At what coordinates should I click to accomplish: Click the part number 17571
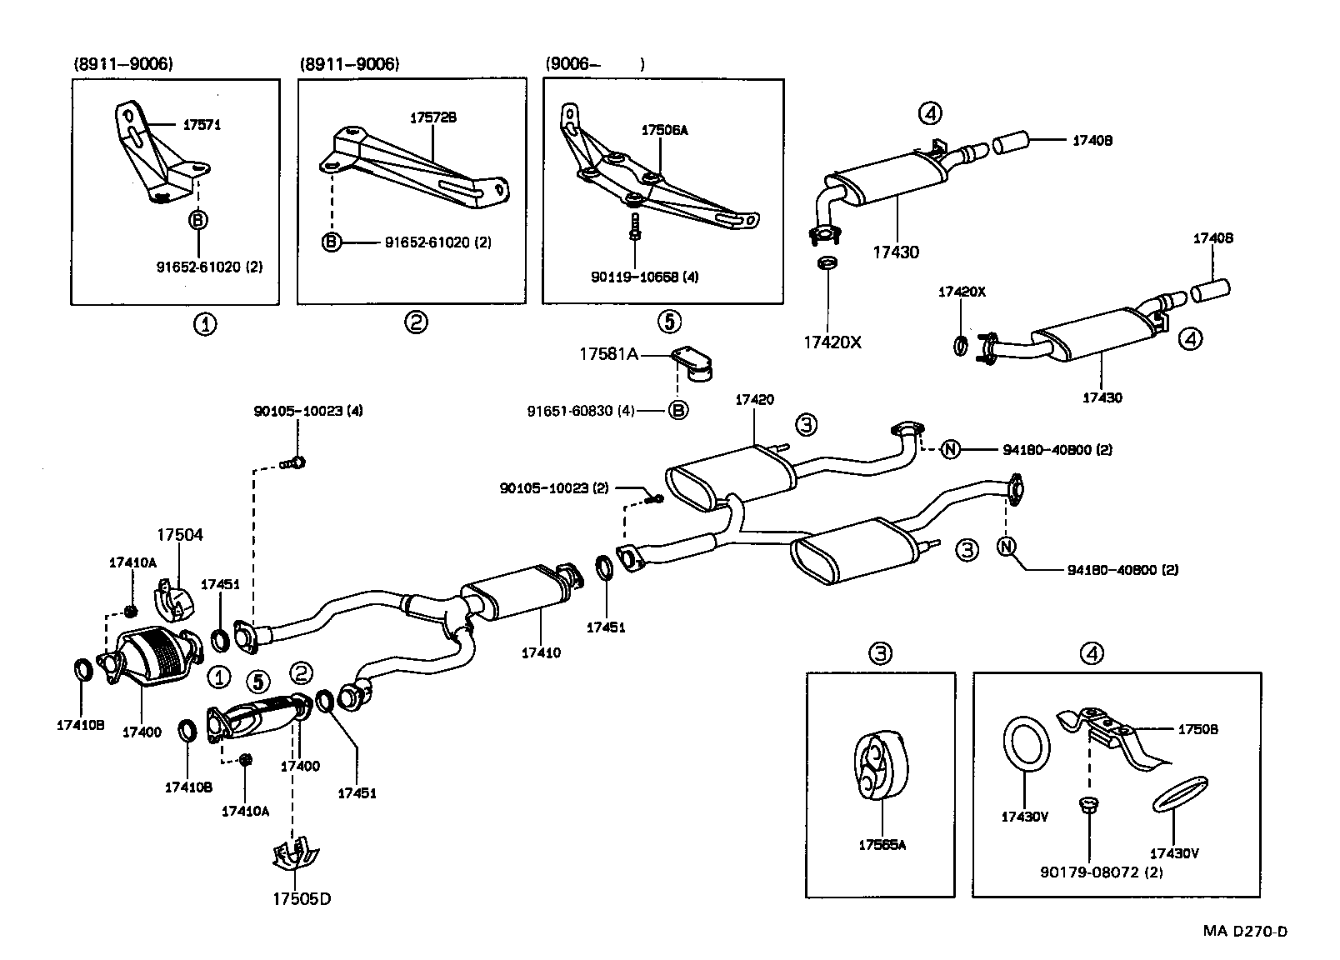point(202,125)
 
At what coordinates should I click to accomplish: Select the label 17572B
point(432,118)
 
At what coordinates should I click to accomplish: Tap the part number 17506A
point(664,130)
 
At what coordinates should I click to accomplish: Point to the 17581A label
point(608,354)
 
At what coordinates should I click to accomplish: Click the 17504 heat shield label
point(180,535)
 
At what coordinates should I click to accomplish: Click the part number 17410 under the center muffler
point(541,652)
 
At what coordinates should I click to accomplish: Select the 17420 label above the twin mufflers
point(754,400)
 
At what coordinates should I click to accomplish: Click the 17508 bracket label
point(1197,729)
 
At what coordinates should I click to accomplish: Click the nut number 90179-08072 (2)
point(1102,872)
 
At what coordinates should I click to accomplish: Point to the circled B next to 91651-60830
point(679,411)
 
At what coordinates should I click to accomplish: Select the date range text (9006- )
point(595,64)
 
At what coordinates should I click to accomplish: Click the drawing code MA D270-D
point(1244,931)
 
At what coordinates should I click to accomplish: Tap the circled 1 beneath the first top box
point(205,323)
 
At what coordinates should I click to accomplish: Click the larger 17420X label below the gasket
point(832,342)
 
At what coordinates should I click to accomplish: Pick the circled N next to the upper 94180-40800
point(950,449)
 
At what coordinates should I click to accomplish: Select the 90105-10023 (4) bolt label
point(308,411)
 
